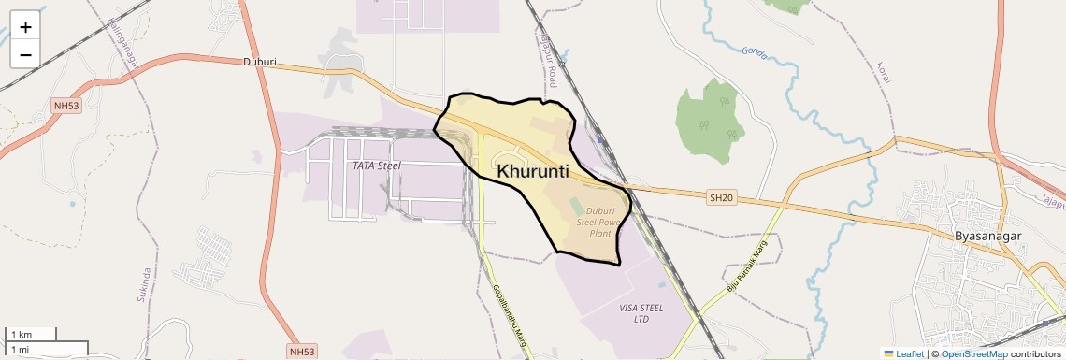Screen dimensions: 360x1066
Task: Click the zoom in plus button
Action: coord(25,26)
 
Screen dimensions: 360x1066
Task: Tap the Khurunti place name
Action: coord(533,171)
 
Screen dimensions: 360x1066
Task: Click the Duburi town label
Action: coord(259,63)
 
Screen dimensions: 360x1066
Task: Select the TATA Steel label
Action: coord(376,166)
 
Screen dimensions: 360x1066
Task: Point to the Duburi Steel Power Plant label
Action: coord(598,222)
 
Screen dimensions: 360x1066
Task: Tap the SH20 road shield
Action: coord(720,196)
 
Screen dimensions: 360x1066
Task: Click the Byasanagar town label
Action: coord(987,237)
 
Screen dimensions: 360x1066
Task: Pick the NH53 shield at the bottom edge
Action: coord(302,352)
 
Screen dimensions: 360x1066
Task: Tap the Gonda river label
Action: coord(753,55)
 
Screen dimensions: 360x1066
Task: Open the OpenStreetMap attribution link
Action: coord(973,353)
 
